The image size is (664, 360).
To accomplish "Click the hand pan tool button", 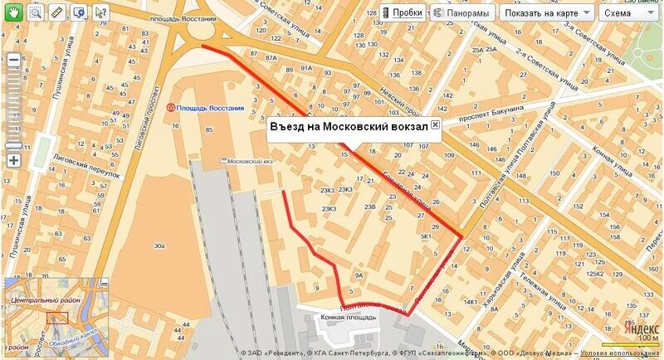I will [15, 12].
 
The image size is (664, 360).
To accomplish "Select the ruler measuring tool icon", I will [57, 12].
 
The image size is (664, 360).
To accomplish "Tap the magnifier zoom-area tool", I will [36, 12].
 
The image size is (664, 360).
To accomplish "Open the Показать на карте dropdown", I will [548, 12].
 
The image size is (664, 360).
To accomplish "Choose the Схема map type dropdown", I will [629, 12].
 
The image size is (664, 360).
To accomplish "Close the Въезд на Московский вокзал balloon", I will [435, 124].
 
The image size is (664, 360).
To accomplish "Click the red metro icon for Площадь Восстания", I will [171, 108].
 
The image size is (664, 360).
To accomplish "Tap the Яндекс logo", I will [638, 328].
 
